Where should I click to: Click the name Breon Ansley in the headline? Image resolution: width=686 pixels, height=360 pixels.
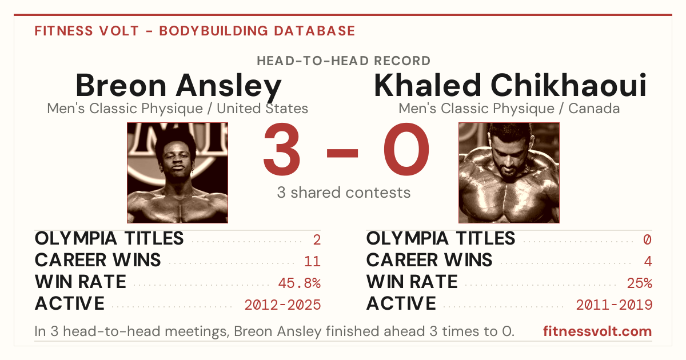(x=178, y=86)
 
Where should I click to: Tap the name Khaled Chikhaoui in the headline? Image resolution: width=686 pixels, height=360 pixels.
(x=510, y=85)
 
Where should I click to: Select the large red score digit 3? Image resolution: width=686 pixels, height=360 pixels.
(x=282, y=149)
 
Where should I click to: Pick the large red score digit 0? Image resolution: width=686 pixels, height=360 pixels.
(x=406, y=149)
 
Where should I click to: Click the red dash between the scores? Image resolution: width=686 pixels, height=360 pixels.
(x=342, y=153)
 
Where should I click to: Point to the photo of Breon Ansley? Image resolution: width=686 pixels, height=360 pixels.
(x=178, y=173)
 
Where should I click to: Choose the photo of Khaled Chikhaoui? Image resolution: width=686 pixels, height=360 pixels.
(x=509, y=173)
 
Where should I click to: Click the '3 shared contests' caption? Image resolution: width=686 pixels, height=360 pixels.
(x=344, y=193)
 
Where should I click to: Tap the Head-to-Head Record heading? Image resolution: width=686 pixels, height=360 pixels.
(x=344, y=61)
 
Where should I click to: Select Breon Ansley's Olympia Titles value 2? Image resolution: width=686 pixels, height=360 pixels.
(x=317, y=239)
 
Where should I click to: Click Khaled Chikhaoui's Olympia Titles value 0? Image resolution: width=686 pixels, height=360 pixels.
(x=647, y=239)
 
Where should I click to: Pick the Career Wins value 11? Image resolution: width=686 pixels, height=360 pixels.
(x=312, y=262)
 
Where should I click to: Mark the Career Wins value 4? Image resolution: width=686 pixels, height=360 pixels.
(x=648, y=262)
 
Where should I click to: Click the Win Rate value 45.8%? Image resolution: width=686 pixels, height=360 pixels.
(x=300, y=283)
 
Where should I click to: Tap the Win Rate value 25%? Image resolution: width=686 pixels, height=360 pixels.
(x=640, y=283)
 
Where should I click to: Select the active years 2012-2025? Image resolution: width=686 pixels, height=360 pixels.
(x=282, y=305)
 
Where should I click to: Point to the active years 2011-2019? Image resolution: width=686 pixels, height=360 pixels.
(x=614, y=305)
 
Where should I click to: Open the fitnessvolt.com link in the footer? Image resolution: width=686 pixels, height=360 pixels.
(x=597, y=331)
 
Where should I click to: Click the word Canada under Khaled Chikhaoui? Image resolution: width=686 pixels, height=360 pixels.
(x=594, y=109)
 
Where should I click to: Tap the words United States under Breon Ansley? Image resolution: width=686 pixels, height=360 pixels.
(x=262, y=109)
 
